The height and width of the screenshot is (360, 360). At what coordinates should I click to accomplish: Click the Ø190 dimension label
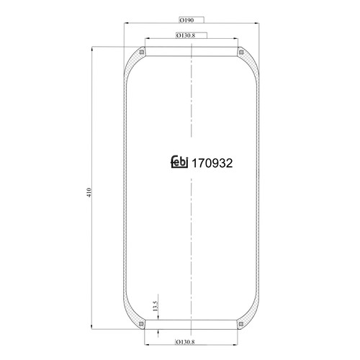point(186,20)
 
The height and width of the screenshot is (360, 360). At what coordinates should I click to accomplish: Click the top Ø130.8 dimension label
point(186,35)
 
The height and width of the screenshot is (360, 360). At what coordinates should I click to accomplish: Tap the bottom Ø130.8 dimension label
point(185,342)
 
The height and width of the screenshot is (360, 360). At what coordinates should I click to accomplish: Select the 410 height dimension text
point(89,192)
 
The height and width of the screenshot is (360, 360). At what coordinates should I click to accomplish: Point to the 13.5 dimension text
point(156,306)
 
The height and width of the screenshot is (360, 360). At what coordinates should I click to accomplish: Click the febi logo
point(179,162)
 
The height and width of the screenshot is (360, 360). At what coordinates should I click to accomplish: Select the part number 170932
point(212,163)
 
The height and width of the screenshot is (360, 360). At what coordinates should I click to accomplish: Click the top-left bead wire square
point(142,52)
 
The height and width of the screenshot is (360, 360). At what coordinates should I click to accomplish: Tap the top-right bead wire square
point(241,52)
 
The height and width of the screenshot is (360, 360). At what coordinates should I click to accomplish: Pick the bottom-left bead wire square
point(141,324)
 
